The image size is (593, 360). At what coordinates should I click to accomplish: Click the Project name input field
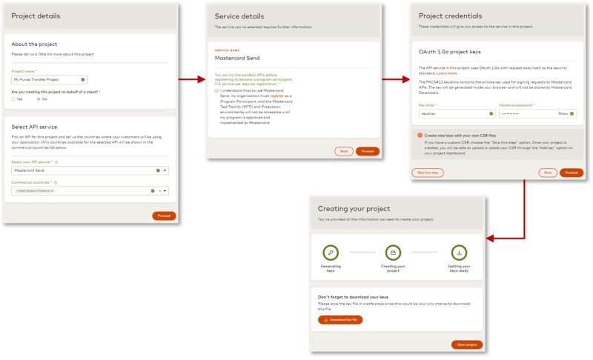coord(44,79)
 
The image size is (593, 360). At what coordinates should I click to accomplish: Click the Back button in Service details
coord(343,151)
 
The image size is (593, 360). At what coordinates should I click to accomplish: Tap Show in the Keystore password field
coord(563,113)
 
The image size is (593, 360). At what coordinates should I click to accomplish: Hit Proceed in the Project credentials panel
coord(571,173)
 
